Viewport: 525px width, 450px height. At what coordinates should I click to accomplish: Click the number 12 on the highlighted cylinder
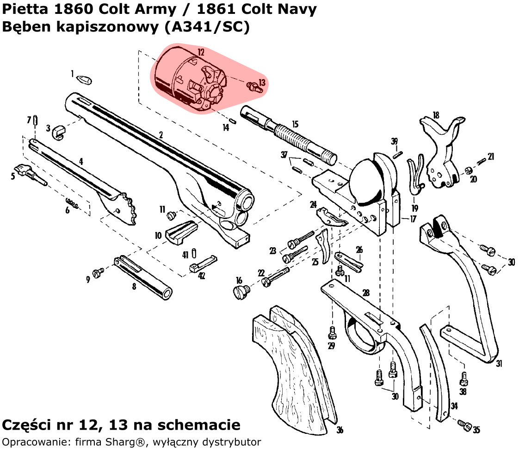pyautogui.click(x=201, y=52)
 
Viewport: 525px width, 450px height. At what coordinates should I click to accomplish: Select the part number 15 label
pyautogui.click(x=295, y=124)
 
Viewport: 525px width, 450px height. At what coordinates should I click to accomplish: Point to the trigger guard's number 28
pyautogui.click(x=366, y=293)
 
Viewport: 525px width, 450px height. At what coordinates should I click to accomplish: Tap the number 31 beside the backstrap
pyautogui.click(x=499, y=363)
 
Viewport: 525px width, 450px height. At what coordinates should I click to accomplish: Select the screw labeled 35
pyautogui.click(x=464, y=424)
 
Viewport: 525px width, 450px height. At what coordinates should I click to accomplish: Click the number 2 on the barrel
pyautogui.click(x=161, y=135)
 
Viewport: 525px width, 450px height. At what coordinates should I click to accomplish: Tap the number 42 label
pyautogui.click(x=202, y=276)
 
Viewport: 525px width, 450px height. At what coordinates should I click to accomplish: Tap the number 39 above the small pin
pyautogui.click(x=394, y=142)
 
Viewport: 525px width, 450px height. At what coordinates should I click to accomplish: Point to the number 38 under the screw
pyautogui.click(x=463, y=392)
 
